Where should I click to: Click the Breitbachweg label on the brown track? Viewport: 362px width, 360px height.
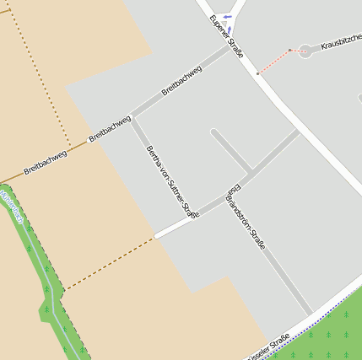pyautogui.click(x=46, y=159)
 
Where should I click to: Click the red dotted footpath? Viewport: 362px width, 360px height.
pyautogui.click(x=273, y=62)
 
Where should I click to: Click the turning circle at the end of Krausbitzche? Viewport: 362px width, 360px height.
pyautogui.click(x=305, y=51)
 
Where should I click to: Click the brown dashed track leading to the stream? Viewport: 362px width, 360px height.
pyautogui.click(x=110, y=263)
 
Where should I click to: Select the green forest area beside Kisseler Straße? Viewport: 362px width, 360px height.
pyautogui.click(x=333, y=333)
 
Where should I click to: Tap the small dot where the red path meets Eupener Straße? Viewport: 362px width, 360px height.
pyautogui.click(x=258, y=74)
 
